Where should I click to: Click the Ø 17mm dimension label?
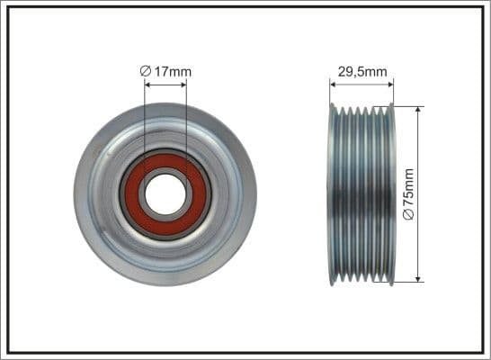[166, 71]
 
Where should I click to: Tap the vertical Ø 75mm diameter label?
[408, 194]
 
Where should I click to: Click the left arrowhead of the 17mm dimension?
[147, 86]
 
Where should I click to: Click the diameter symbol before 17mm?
[147, 71]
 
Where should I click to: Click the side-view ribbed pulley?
[362, 194]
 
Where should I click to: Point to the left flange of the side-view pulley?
[333, 194]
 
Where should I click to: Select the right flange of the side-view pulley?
[392, 194]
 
